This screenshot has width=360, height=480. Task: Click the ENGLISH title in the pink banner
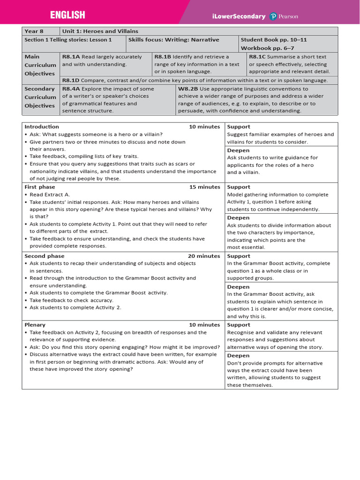[x=67, y=15]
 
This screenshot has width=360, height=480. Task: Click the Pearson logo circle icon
[x=273, y=16]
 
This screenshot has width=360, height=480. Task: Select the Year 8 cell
[x=34, y=31]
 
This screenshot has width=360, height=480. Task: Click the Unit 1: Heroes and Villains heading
[x=100, y=31]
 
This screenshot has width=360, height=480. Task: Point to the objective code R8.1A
[x=71, y=57]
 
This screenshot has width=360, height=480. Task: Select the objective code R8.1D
[x=71, y=81]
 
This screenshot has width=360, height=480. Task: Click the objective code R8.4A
[x=71, y=89]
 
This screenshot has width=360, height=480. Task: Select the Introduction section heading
[x=42, y=127]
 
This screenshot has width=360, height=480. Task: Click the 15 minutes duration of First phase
[x=204, y=187]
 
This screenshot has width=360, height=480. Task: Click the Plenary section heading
[x=35, y=325]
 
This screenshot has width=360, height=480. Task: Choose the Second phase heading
[x=45, y=256]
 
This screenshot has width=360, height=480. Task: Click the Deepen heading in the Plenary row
[x=238, y=356]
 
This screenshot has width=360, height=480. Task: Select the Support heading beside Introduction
[x=239, y=127]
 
